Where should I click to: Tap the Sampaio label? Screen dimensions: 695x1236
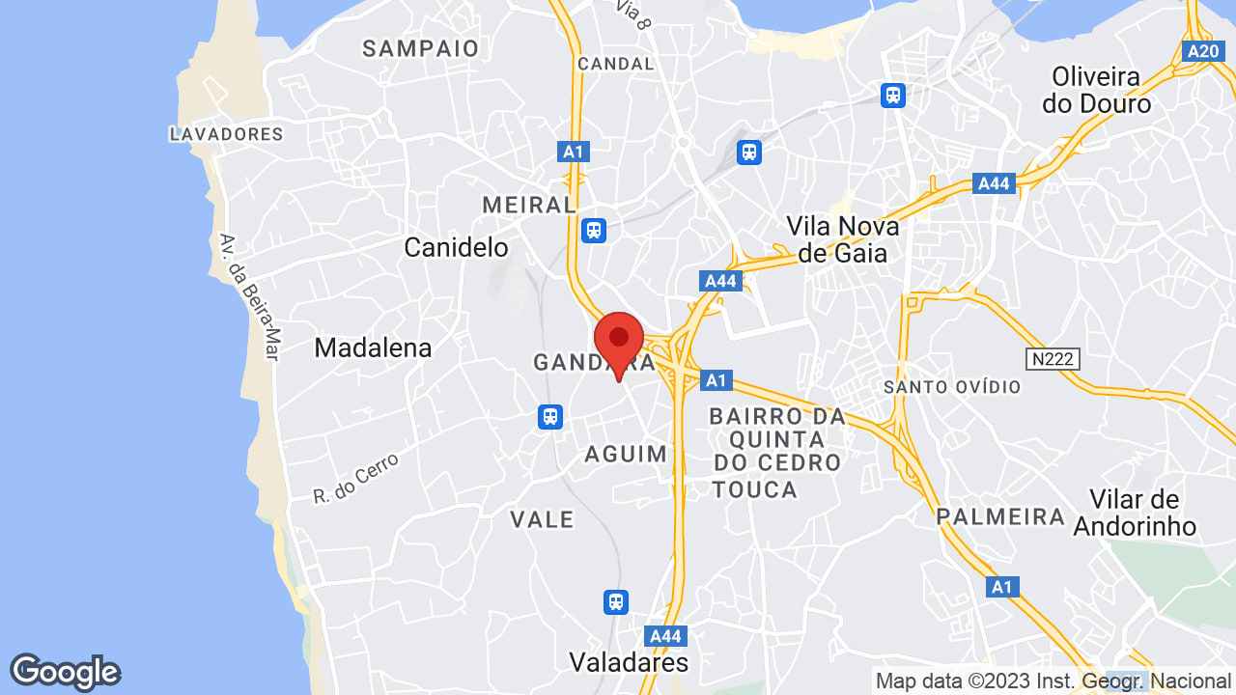pyautogui.click(x=421, y=48)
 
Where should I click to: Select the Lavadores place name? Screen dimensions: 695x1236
pyautogui.click(x=226, y=134)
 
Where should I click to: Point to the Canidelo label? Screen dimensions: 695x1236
pyautogui.click(x=456, y=248)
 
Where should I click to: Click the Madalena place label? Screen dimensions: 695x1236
pyautogui.click(x=373, y=347)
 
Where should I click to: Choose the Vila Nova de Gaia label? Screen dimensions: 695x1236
pyautogui.click(x=842, y=239)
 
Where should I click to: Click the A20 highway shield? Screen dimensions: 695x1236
pyautogui.click(x=1203, y=51)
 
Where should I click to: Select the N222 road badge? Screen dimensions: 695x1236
pyautogui.click(x=1053, y=359)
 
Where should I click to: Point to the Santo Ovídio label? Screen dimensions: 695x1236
pyautogui.click(x=952, y=387)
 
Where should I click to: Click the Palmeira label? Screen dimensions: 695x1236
pyautogui.click(x=1000, y=516)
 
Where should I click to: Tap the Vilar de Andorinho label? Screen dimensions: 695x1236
pyautogui.click(x=1135, y=513)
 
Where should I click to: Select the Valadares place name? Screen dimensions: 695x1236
pyautogui.click(x=629, y=662)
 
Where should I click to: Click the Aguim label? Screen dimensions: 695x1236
pyautogui.click(x=626, y=454)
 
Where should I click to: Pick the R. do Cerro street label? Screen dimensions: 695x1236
pyautogui.click(x=355, y=480)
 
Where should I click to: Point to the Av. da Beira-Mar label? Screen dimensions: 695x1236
pyautogui.click(x=248, y=297)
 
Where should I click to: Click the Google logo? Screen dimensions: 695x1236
pyautogui.click(x=65, y=672)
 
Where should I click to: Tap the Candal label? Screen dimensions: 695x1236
pyautogui.click(x=615, y=64)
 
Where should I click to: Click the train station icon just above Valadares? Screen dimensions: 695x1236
pyautogui.click(x=616, y=601)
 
